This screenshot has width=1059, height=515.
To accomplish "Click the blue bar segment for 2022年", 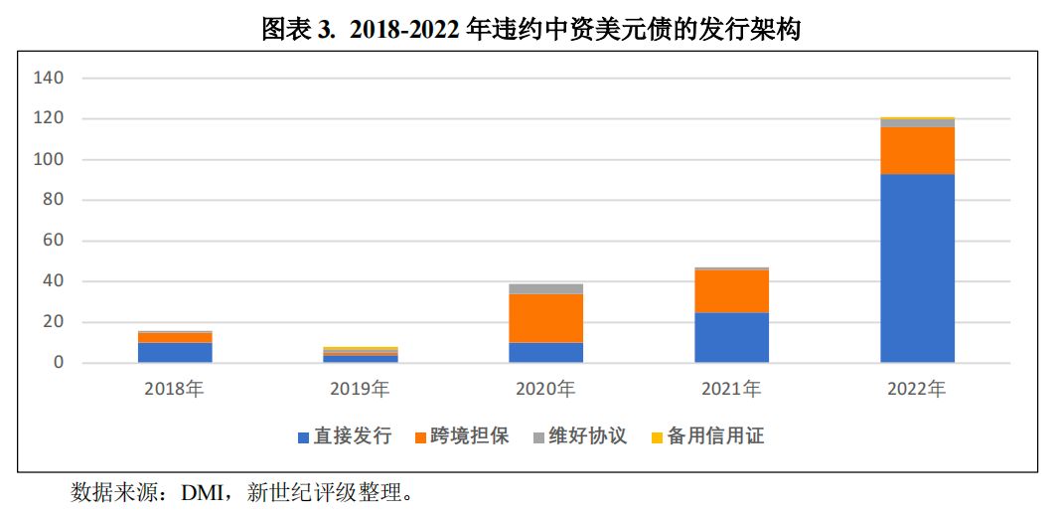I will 917,267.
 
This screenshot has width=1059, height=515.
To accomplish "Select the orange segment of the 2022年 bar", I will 917,150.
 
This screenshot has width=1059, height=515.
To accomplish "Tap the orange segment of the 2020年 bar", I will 545,318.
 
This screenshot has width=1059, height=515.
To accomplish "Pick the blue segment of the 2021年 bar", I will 731,337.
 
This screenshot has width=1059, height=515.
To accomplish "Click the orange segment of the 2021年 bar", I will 731,291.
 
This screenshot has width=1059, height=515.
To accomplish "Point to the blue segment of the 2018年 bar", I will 175,352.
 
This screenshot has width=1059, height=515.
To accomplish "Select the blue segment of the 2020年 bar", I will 545,352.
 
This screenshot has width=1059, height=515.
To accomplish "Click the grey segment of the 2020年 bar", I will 545,289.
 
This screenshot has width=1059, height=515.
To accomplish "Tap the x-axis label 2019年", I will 360,390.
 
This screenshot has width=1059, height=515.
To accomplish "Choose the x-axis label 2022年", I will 917,390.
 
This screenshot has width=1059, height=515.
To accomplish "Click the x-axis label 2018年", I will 175,390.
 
